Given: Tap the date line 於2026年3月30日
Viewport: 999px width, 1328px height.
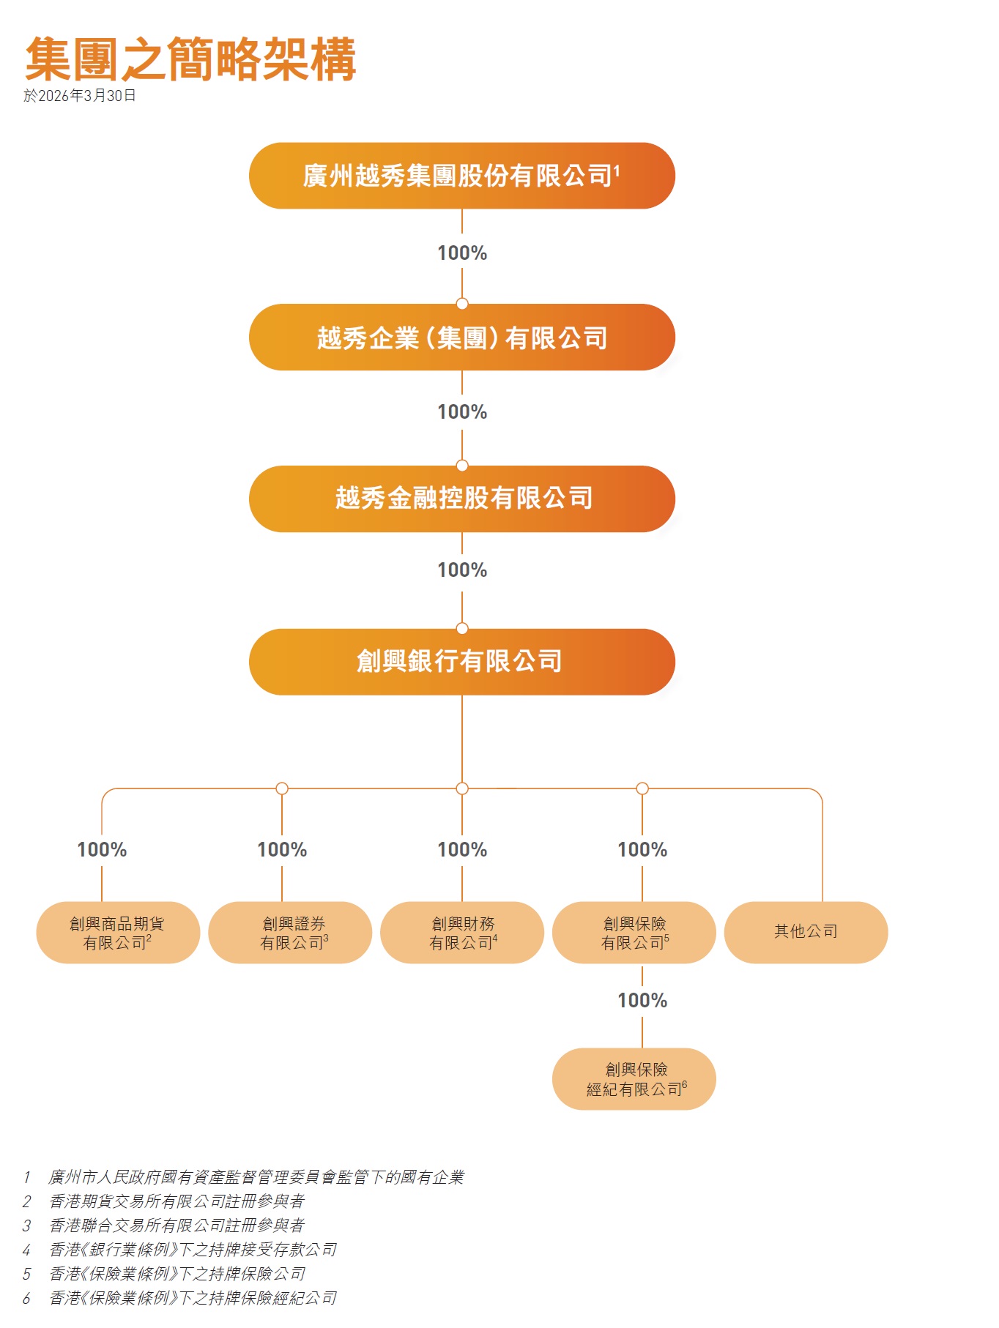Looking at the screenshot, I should click(x=80, y=96).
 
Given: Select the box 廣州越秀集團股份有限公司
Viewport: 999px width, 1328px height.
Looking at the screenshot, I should click(x=461, y=176).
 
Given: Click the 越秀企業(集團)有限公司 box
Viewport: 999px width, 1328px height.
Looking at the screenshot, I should click(x=461, y=337).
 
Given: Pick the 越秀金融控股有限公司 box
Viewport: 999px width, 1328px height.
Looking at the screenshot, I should click(x=461, y=499).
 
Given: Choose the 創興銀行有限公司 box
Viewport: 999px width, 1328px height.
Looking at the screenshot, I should click(x=461, y=661).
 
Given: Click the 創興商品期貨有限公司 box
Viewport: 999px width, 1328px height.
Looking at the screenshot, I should click(x=118, y=933).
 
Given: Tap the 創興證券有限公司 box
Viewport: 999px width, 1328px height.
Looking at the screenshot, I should click(x=290, y=933).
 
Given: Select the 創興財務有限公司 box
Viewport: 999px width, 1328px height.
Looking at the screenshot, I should click(x=462, y=933).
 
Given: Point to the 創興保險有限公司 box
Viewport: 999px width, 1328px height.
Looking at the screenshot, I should click(x=634, y=933).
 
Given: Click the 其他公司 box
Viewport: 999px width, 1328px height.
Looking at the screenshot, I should click(x=806, y=932).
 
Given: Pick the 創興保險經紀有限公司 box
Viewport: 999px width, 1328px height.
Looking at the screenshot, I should click(x=634, y=1079).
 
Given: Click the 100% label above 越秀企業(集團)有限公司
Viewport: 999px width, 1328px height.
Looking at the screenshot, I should click(x=462, y=253).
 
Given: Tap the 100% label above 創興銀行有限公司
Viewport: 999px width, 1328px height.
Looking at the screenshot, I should click(x=462, y=570).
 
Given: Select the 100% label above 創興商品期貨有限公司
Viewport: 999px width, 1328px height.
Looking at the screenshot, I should click(x=102, y=850).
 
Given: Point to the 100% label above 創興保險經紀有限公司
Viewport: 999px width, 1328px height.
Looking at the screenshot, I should click(x=642, y=1001).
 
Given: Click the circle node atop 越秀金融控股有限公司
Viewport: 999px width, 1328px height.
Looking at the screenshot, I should click(x=462, y=466).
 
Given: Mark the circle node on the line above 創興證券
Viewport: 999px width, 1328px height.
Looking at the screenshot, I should click(x=282, y=788).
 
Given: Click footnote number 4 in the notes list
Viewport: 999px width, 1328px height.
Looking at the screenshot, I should click(x=26, y=1250).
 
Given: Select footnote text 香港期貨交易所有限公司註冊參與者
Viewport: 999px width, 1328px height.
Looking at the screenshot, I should click(x=177, y=1201).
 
